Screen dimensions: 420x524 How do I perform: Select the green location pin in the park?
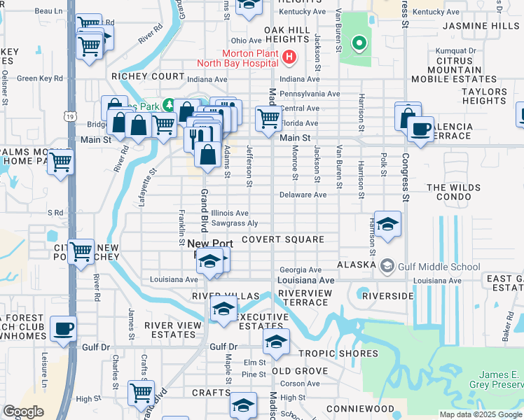click(x=359, y=43)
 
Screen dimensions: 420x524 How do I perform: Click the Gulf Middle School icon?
click(x=387, y=266)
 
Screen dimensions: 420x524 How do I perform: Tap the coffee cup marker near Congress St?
click(x=420, y=129)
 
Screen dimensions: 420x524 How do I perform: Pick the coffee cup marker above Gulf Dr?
click(x=64, y=328)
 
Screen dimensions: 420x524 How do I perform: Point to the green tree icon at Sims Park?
click(x=168, y=105)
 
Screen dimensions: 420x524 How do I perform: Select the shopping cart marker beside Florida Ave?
click(x=268, y=118)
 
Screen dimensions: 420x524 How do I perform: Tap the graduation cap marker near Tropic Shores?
click(x=276, y=342)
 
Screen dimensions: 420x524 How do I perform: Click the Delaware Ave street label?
click(x=303, y=195)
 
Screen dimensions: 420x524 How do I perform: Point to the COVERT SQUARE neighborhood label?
click(x=283, y=239)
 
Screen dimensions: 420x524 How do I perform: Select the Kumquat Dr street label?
click(x=455, y=50)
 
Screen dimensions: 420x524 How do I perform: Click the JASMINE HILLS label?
click(x=481, y=26)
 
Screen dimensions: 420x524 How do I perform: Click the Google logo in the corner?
click(x=23, y=412)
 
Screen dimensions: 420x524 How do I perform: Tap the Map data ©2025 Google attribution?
click(x=480, y=414)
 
